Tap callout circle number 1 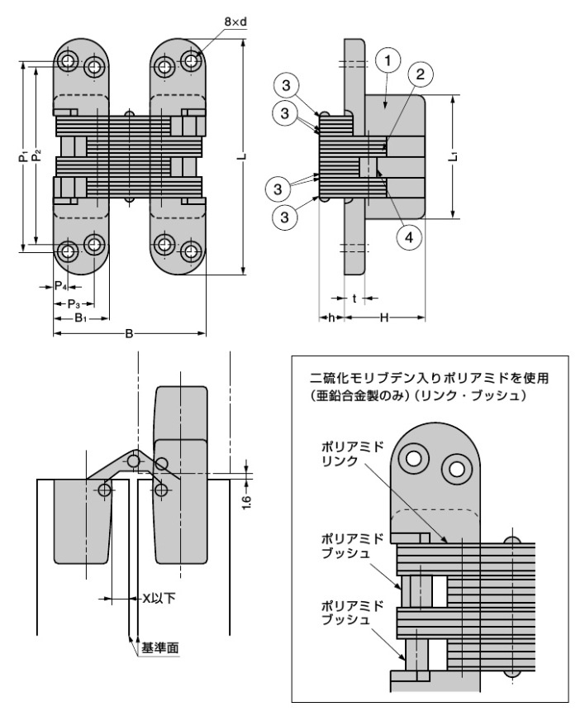(x=388, y=60)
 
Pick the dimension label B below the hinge (x=129, y=333)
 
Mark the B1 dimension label (x=80, y=318)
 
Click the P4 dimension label (x=60, y=286)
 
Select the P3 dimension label (x=74, y=303)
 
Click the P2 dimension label (x=36, y=155)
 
